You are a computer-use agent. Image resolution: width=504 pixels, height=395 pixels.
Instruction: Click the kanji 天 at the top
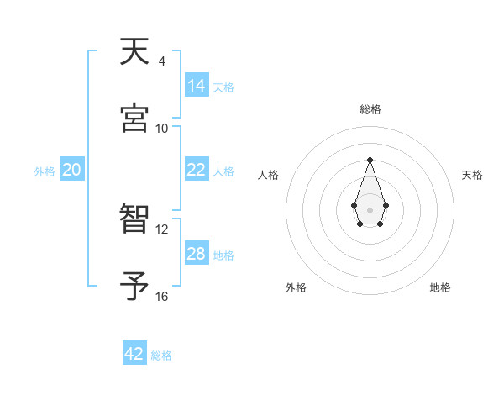135,54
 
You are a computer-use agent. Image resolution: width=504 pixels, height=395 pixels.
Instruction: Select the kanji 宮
135,119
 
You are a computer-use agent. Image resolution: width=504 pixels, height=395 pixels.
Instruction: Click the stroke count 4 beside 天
161,61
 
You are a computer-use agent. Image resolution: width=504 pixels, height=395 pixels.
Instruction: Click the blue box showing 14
196,86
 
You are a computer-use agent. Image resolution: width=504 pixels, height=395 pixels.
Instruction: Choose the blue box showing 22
196,170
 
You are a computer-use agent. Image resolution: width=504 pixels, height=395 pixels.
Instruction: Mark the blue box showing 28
196,254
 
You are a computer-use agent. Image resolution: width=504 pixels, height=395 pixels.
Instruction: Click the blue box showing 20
72,170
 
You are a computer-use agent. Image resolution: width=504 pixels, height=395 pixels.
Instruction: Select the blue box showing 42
134,354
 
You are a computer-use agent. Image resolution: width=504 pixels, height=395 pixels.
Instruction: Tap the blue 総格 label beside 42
161,355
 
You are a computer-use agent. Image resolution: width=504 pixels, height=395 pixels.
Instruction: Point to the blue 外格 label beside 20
45,171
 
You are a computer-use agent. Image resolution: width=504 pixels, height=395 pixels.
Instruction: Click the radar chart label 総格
370,109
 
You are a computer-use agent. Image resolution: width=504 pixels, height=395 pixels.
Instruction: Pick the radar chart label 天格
472,175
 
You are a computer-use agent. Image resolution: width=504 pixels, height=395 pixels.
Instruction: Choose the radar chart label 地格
440,287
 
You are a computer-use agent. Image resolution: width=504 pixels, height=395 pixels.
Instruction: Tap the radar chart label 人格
269,175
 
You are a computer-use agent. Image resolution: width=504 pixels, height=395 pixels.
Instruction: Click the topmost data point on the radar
370,160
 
